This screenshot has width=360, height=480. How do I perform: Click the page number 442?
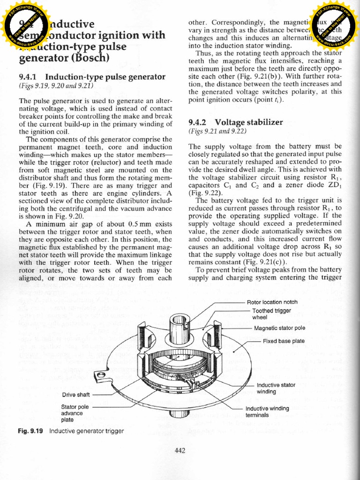point(180,451)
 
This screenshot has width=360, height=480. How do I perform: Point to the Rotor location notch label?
point(272,302)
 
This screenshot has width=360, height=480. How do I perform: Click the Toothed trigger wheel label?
point(272,314)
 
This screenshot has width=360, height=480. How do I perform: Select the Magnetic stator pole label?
point(279,328)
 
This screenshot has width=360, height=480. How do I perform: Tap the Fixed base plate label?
point(284,341)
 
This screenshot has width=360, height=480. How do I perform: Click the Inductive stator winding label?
point(276,388)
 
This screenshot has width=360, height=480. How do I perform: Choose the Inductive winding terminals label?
point(267,412)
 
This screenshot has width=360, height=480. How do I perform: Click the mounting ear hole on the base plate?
point(99,375)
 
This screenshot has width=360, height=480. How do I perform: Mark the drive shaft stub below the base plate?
point(179,413)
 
